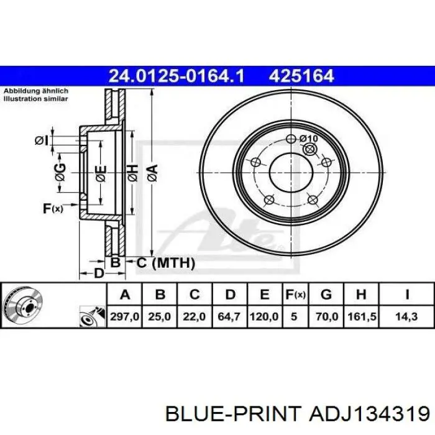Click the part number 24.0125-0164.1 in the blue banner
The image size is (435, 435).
point(176,76)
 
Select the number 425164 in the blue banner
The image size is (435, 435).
point(301,76)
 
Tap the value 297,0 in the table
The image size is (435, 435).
point(124,316)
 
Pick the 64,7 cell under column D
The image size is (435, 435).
point(229,316)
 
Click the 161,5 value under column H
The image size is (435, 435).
point(362,316)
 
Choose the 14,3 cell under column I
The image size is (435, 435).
point(406,316)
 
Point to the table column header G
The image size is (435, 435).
point(326,294)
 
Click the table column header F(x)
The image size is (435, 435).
point(296,294)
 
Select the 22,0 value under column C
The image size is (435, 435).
point(194,316)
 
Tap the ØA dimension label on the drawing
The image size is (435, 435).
point(153,173)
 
